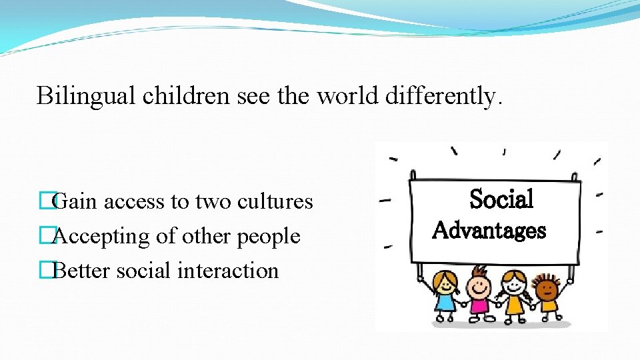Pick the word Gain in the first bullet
pyautogui.click(x=74, y=201)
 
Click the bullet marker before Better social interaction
pyautogui.click(x=45, y=271)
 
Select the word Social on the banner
pyautogui.click(x=501, y=199)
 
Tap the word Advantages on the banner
pyautogui.click(x=489, y=231)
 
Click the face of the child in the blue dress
pyautogui.click(x=444, y=283)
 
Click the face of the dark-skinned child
pyautogui.click(x=547, y=289)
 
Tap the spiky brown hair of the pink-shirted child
pyautogui.click(x=478, y=269)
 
